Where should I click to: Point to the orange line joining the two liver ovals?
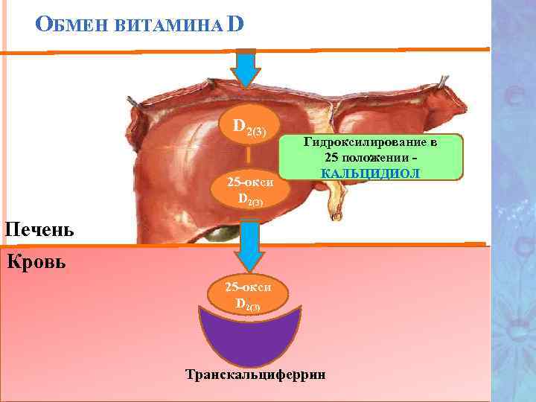249,159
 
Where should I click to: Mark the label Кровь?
35,261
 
